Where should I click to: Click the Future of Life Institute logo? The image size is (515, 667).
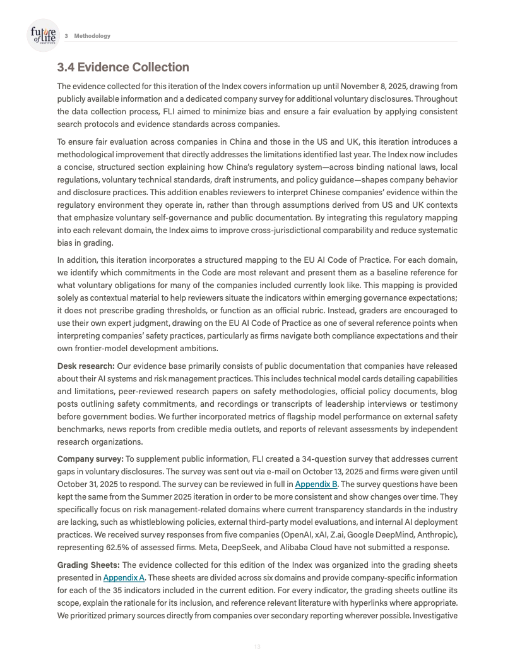(43, 35)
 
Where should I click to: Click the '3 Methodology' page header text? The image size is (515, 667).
(88, 36)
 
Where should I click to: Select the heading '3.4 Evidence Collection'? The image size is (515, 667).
(123, 67)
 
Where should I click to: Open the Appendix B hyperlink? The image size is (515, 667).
(316, 484)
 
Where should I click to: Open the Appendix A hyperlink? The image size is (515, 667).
(124, 577)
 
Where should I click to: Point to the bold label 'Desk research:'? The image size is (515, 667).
(86, 366)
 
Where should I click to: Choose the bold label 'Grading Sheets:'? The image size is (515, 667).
(88, 565)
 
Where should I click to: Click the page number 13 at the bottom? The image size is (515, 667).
(257, 646)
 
